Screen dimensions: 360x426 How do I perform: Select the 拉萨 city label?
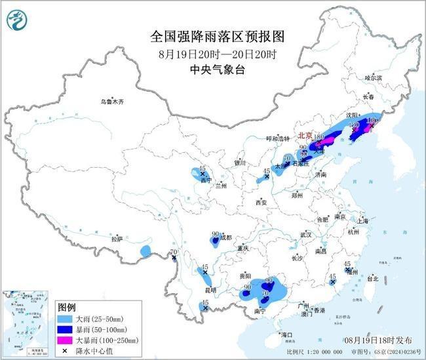(x=117, y=240)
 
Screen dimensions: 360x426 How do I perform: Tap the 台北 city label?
(x=372, y=278)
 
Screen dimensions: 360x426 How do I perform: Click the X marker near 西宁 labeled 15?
(x=203, y=174)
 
